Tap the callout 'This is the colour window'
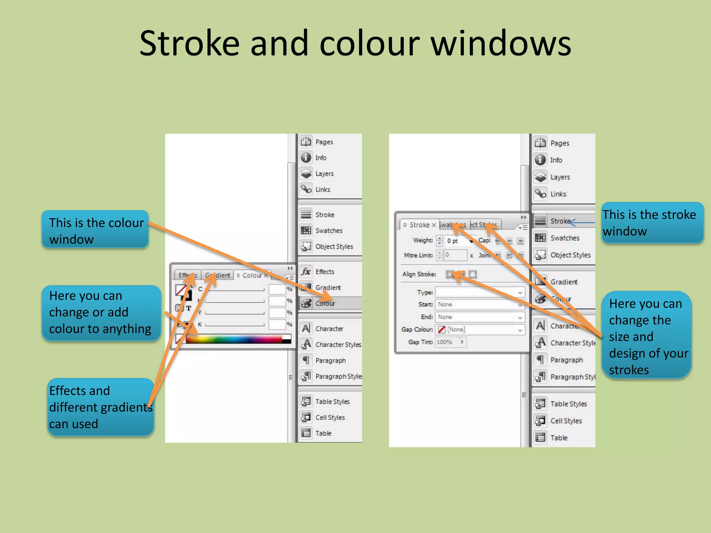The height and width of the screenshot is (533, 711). tap(95, 230)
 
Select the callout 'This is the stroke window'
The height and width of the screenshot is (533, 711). tap(652, 223)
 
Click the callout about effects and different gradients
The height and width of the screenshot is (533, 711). tap(100, 407)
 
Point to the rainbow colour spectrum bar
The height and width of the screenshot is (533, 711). tap(235, 339)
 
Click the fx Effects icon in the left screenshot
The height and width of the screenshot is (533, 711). tap(306, 272)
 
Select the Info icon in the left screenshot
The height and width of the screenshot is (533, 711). tap(306, 158)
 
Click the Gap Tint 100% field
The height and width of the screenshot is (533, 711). tap(450, 342)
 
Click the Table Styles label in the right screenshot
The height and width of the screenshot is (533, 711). tap(568, 404)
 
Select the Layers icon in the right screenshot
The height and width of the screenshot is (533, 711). tap(541, 177)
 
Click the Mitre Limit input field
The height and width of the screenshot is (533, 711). tap(455, 255)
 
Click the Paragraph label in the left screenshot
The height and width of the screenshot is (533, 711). tap(330, 361)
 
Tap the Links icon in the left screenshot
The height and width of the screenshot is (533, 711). tap(306, 189)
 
